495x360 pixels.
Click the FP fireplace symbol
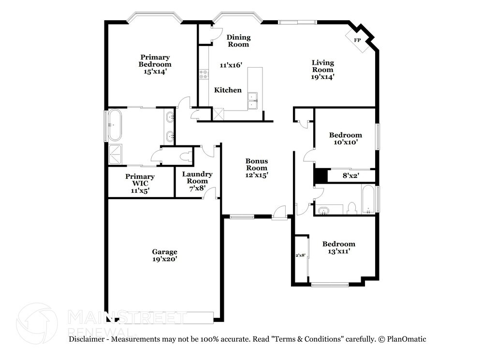pyautogui.click(x=358, y=40)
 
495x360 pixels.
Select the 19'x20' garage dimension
pyautogui.click(x=164, y=259)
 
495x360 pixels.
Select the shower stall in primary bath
pyautogui.click(x=116, y=154)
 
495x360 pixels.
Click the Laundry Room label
pyautogui.click(x=197, y=178)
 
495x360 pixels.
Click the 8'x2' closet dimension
pyautogui.click(x=351, y=176)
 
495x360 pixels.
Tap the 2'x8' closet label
pyautogui.click(x=300, y=255)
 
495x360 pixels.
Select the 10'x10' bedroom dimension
pyautogui.click(x=346, y=142)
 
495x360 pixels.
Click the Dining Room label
pyautogui.click(x=238, y=41)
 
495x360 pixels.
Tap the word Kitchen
pyautogui.click(x=228, y=90)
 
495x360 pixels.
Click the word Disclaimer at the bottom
pyautogui.click(x=87, y=339)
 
